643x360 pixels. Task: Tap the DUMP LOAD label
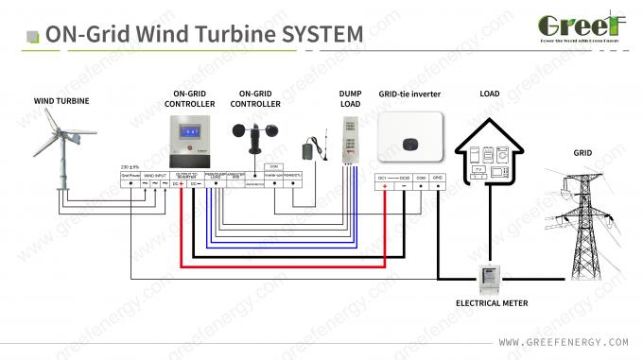[351, 99]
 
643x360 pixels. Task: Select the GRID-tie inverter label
[410, 94]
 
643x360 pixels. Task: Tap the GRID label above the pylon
[582, 151]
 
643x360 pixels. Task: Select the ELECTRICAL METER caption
[491, 303]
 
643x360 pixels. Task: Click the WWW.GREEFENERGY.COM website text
[563, 341]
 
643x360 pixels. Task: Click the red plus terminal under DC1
[385, 187]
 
